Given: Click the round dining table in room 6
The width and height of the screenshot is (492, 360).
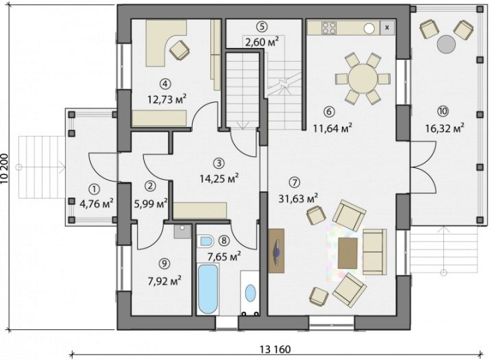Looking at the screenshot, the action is (362, 78).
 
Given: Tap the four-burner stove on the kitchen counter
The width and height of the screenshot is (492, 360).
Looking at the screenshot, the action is (329, 27).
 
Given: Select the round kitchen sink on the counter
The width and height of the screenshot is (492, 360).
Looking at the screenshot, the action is (369, 29).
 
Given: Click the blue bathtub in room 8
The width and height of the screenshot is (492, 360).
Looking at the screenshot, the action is (208, 289).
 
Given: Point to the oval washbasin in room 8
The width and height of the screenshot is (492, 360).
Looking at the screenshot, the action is (250, 293).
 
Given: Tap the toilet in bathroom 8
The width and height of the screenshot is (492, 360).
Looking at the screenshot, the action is (206, 241).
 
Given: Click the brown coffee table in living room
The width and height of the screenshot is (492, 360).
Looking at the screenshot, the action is (347, 253).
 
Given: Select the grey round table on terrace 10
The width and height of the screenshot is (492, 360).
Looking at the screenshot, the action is (446, 44).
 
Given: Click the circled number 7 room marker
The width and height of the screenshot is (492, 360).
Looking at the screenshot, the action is (295, 182).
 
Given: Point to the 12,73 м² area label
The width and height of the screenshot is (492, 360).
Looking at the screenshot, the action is (167, 99).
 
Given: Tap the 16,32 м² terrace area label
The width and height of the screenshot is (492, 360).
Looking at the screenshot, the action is (445, 128).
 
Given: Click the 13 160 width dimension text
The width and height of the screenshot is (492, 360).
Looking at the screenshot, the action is (275, 349).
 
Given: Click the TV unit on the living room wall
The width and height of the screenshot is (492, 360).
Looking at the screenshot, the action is (276, 251).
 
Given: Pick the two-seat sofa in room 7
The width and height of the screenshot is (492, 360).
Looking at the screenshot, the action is (375, 252).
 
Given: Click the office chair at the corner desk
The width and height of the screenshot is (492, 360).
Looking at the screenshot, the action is (180, 49).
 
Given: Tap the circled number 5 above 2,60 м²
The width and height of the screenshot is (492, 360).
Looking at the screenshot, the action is (262, 27).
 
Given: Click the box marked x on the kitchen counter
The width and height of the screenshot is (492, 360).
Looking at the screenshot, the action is (387, 27).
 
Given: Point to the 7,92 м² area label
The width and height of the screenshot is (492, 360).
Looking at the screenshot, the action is (164, 280).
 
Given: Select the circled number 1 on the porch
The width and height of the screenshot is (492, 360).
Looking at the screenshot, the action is (94, 189).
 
